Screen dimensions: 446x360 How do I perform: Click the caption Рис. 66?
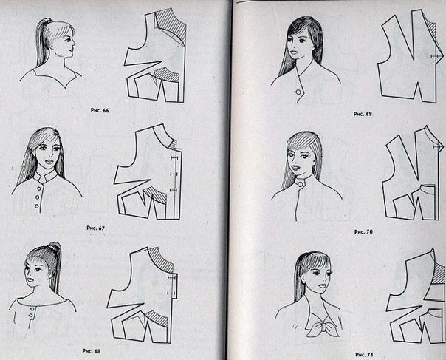pos(100,110)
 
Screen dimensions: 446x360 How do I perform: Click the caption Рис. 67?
pos(95,228)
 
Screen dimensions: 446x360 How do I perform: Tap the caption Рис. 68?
pos(91,351)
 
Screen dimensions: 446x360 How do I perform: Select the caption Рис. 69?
pos(363,114)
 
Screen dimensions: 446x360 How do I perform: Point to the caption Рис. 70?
pos(363,232)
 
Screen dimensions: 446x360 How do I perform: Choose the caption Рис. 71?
pos(364,355)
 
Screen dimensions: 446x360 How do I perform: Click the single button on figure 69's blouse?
pos(298,92)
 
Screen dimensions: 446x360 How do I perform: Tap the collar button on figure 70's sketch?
pos(299,185)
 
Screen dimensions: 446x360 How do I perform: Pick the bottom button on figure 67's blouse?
pos(37,206)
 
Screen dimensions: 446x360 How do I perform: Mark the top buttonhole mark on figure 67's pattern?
pos(174,157)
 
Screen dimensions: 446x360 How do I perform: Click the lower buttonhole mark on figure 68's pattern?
pos(171,293)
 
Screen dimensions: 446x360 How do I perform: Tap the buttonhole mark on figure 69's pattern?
pos(435,56)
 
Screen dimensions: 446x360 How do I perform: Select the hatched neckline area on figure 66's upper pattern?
pos(172,24)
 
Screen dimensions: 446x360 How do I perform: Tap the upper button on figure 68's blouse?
pos(32,309)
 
